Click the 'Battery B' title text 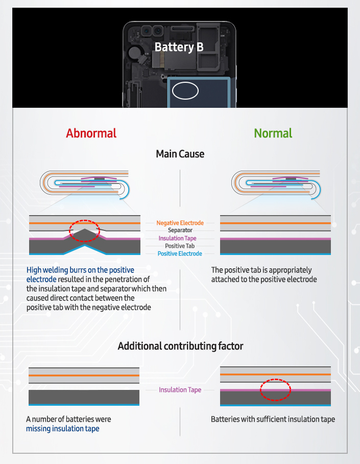(179, 48)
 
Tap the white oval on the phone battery (185, 91)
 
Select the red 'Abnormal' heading (91, 133)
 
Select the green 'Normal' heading (273, 133)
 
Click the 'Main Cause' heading (180, 154)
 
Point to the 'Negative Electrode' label (180, 223)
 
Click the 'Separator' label (180, 230)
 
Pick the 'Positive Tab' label (180, 246)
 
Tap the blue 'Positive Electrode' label (180, 253)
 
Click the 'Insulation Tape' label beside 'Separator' (177, 238)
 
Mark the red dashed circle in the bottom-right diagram (275, 389)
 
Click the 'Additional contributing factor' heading (180, 346)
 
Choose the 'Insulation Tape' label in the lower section (180, 390)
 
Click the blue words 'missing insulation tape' (62, 429)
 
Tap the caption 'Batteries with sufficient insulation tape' (273, 419)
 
